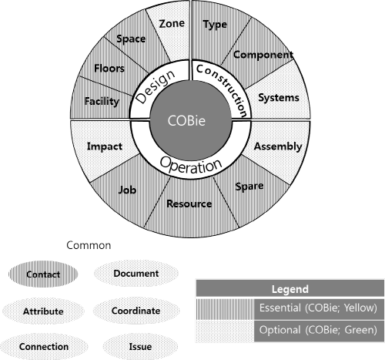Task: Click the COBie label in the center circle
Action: tap(186, 120)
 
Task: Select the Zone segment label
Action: tap(172, 24)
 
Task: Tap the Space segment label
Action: tap(131, 39)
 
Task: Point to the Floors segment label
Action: tap(109, 69)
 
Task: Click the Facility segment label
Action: tap(102, 101)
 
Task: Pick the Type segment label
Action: tap(215, 25)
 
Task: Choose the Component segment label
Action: tap(263, 55)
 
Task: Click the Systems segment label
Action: tap(279, 98)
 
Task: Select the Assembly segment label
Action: tap(278, 146)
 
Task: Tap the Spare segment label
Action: tap(249, 187)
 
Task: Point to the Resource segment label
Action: tap(189, 204)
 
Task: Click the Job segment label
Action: tap(127, 190)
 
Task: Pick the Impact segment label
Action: tap(105, 146)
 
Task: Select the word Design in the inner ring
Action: tap(156, 86)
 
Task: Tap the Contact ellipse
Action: tap(43, 274)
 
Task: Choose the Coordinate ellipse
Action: tap(136, 311)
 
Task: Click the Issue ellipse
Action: tap(140, 347)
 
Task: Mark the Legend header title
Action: tap(290, 289)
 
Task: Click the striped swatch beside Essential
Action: tap(225, 308)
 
